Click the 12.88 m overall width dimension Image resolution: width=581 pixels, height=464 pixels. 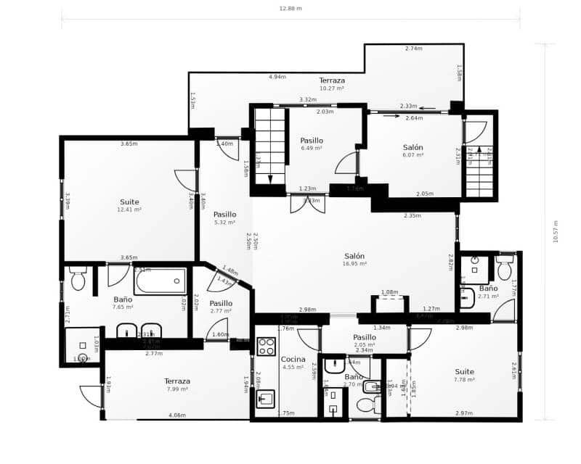pos(290,9)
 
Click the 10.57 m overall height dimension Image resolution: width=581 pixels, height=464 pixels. pos(556,232)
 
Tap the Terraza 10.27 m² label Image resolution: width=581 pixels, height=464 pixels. pos(332,83)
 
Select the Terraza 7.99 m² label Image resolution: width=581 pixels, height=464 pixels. pos(176,385)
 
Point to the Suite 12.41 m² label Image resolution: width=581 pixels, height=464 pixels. pos(129,205)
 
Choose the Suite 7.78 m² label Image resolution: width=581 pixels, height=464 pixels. pos(465,375)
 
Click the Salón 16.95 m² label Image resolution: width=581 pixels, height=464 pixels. pos(354,260)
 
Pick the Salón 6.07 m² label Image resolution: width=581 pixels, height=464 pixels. pos(413,151)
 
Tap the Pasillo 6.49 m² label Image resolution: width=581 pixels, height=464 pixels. pos(312,144)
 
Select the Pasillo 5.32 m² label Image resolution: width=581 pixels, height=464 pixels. pos(224,217)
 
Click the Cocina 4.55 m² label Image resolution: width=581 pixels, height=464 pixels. pos(293,362)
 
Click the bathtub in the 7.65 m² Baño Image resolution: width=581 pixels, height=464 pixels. pos(160,281)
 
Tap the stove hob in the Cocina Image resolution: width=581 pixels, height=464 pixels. pos(267,345)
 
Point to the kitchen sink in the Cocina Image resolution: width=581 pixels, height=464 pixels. pos(265,399)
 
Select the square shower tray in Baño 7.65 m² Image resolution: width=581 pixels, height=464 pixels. pos(82,346)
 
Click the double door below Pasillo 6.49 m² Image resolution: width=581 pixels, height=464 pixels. pos(307,204)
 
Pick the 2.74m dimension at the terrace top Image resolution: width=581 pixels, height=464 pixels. pos(414,49)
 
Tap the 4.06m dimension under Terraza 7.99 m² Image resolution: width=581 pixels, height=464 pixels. pos(176,415)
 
